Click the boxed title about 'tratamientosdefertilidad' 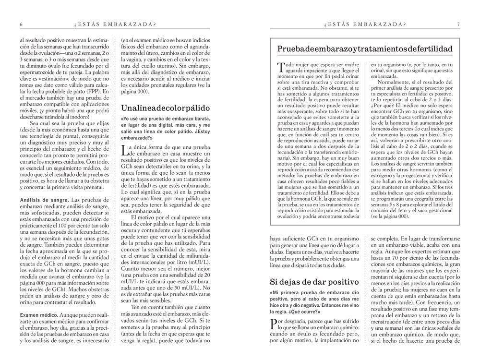coord(365,49)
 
